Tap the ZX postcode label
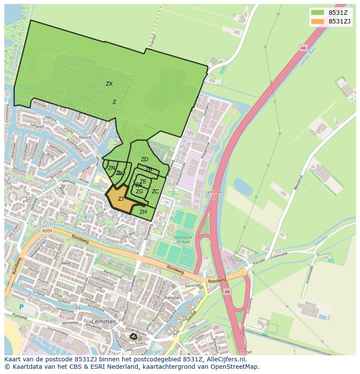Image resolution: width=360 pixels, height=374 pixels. tap(109, 84)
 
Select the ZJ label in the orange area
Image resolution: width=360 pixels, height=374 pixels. tap(120, 199)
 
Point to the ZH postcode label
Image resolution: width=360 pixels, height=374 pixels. tap(143, 212)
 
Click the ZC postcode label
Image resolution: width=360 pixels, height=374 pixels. tap(155, 192)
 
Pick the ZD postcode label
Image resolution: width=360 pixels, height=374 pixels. tap(144, 160)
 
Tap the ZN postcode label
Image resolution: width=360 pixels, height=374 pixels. tap(112, 168)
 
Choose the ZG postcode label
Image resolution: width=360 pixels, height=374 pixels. tap(139, 192)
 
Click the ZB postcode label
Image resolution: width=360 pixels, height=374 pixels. tap(149, 169)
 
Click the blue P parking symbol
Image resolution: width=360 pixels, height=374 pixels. tap(21, 307)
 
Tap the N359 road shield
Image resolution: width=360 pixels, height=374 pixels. tap(47, 232)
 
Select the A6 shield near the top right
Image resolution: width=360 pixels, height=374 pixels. tap(303, 48)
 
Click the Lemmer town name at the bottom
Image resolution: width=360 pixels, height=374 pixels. tap(104, 322)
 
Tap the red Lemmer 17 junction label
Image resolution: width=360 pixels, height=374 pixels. tap(213, 194)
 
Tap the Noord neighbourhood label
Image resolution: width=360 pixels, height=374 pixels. tap(85, 137)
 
